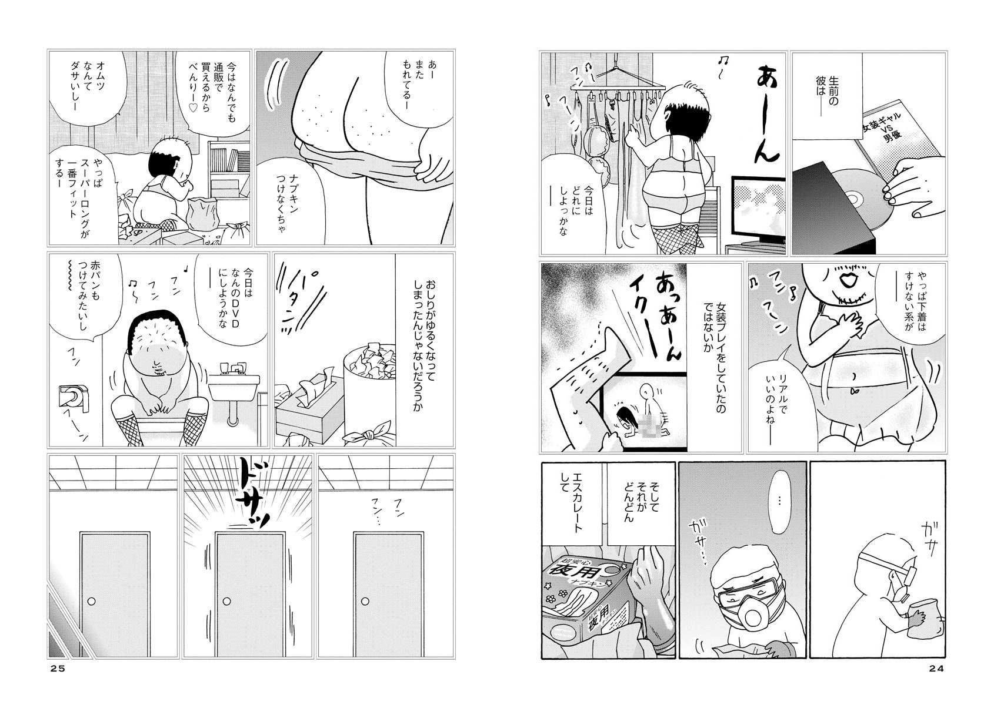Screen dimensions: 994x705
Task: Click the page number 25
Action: [x=58, y=669]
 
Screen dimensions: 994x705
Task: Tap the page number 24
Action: [x=936, y=669]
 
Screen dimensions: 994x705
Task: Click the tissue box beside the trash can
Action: [x=309, y=405]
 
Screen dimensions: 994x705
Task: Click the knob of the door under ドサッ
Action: [x=227, y=602]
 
